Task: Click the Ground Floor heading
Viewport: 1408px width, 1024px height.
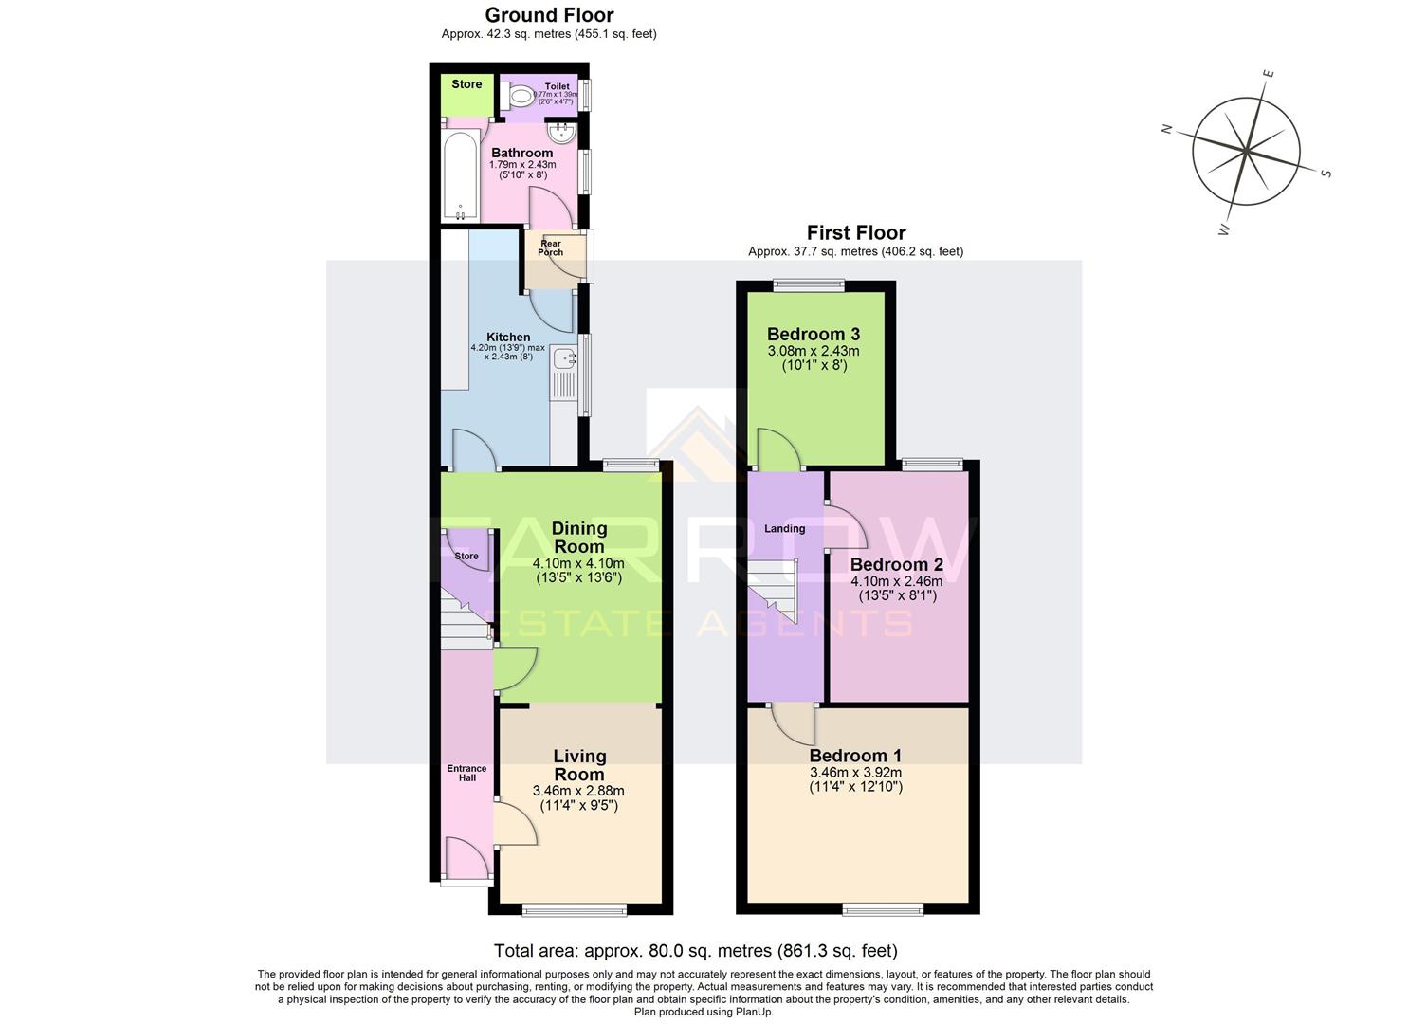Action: click(549, 15)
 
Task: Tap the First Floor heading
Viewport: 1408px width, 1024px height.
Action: click(855, 232)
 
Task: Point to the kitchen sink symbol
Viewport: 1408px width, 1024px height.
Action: click(565, 358)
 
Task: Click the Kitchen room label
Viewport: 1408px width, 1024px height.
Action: click(508, 337)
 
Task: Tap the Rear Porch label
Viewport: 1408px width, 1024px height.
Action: click(550, 248)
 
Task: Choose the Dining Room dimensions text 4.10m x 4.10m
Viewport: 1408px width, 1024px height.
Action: click(578, 563)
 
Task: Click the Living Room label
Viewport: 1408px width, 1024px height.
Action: click(579, 764)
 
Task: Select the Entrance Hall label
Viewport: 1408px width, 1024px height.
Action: click(466, 773)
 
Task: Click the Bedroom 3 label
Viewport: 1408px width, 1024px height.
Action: click(813, 334)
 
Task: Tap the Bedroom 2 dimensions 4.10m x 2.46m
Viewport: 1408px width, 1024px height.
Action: click(896, 581)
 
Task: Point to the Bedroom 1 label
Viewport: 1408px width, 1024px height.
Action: click(855, 756)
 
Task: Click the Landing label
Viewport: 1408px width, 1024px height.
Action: click(784, 529)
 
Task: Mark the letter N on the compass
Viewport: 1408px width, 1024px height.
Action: click(1168, 129)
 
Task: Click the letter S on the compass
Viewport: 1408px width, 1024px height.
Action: click(1326, 173)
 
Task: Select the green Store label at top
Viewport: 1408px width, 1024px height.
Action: click(466, 84)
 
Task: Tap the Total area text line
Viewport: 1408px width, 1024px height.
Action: click(695, 950)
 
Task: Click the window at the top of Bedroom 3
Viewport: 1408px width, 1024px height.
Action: click(809, 283)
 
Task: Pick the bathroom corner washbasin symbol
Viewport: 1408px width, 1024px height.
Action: click(564, 132)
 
